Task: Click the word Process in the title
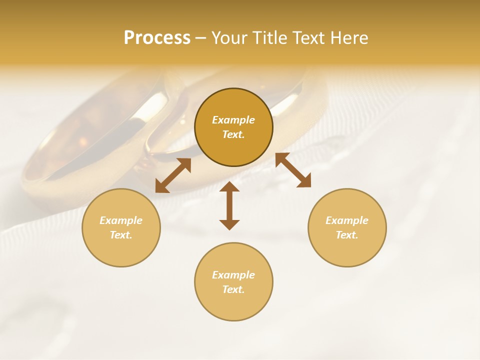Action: [157, 38]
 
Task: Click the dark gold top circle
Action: [233, 150]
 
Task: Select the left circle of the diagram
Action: [121, 250]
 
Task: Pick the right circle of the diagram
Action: [347, 250]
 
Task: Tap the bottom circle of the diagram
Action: [233, 305]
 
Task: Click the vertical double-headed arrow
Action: [229, 205]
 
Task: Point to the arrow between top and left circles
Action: [173, 175]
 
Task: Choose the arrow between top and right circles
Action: [293, 170]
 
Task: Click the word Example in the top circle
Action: [233, 120]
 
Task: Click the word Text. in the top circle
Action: [233, 134]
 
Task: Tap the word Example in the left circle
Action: [121, 220]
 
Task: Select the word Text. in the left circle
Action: [121, 235]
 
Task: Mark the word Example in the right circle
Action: [347, 220]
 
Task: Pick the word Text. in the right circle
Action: [347, 235]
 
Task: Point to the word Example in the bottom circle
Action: [233, 275]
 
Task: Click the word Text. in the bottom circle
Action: [233, 289]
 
